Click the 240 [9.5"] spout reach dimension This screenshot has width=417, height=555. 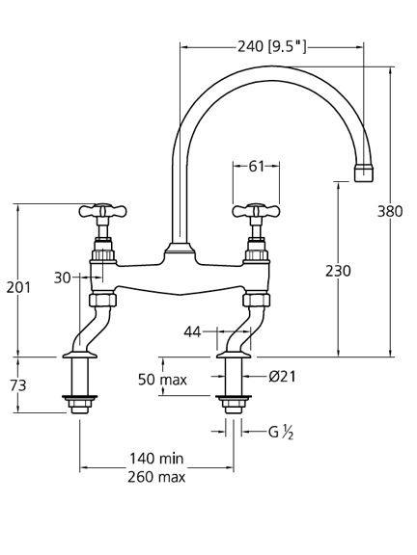[x=271, y=46]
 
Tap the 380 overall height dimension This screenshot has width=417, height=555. [x=390, y=212]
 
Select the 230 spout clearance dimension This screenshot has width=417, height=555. [x=338, y=271]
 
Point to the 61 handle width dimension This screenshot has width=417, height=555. [x=257, y=166]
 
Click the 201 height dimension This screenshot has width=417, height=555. [x=18, y=287]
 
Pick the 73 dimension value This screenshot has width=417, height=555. [x=18, y=385]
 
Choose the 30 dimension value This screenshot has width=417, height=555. [x=63, y=277]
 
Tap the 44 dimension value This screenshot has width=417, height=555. [x=192, y=332]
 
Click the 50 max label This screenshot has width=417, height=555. [x=162, y=380]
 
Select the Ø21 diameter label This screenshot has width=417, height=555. [x=282, y=377]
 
